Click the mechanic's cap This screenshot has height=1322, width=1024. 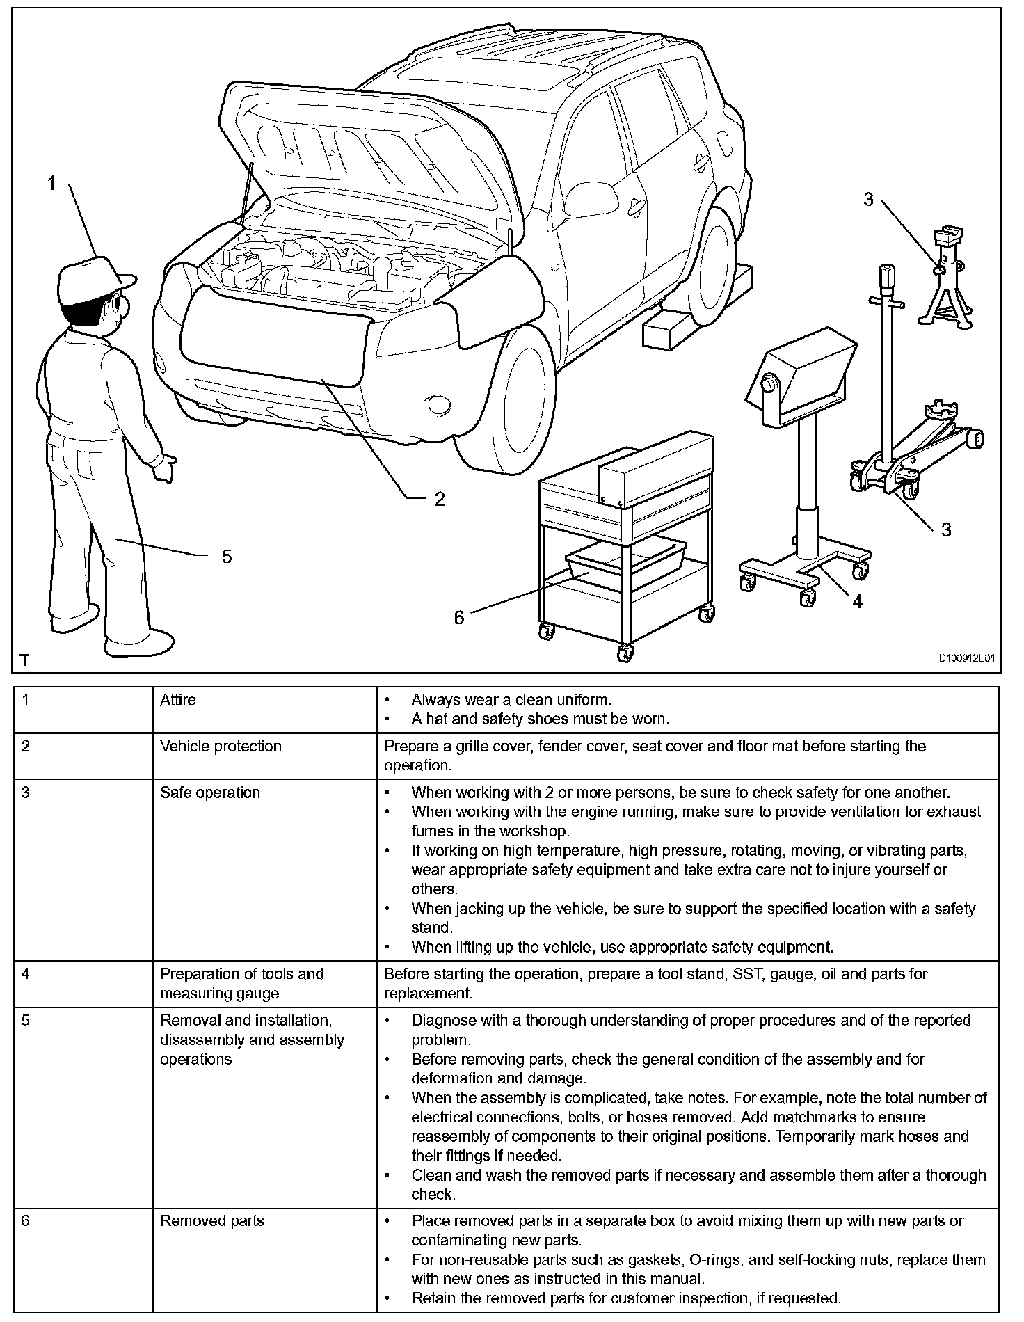93,278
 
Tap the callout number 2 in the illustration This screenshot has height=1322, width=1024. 440,499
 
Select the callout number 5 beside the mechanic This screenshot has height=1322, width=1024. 227,557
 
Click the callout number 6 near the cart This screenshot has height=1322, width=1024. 459,617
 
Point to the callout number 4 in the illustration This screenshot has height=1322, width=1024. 857,602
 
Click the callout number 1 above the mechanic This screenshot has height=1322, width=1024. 51,183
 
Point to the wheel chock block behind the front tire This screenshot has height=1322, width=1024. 668,330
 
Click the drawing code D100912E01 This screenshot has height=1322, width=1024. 968,658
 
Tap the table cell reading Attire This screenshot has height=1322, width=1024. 178,700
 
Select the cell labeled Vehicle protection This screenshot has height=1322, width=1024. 221,747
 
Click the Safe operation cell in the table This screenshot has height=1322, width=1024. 210,793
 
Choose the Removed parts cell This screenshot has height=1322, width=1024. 212,1221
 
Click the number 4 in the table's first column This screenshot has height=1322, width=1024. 26,974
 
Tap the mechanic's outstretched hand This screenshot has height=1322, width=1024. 166,466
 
